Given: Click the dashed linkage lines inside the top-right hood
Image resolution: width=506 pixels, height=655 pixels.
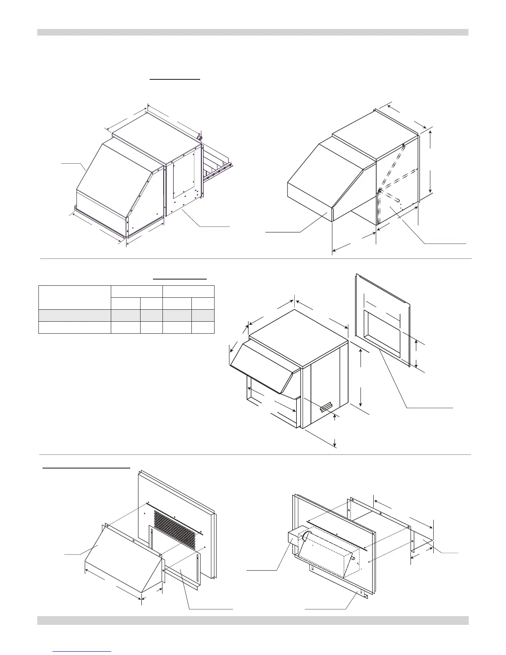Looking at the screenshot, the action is point(393,174).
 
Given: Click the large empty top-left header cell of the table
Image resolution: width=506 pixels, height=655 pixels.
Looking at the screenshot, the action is point(75,297).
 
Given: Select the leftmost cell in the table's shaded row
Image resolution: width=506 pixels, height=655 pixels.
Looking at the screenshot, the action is point(75,315).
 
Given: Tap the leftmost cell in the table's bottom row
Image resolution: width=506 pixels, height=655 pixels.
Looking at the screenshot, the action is point(75,327).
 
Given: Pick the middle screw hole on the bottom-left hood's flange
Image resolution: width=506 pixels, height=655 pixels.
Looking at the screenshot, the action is point(133,540).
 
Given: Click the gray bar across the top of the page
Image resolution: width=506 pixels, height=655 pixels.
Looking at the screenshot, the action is point(253,32).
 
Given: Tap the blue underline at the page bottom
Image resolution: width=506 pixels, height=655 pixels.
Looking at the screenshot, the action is point(82,652).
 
